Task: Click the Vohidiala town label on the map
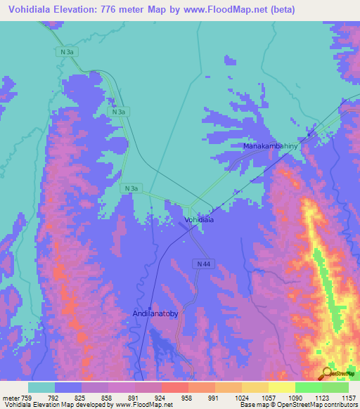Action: (198, 220)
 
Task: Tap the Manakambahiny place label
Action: (271, 146)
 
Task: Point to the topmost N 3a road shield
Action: (65, 52)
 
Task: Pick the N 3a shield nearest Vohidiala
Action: (131, 188)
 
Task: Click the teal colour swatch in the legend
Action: (41, 387)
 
